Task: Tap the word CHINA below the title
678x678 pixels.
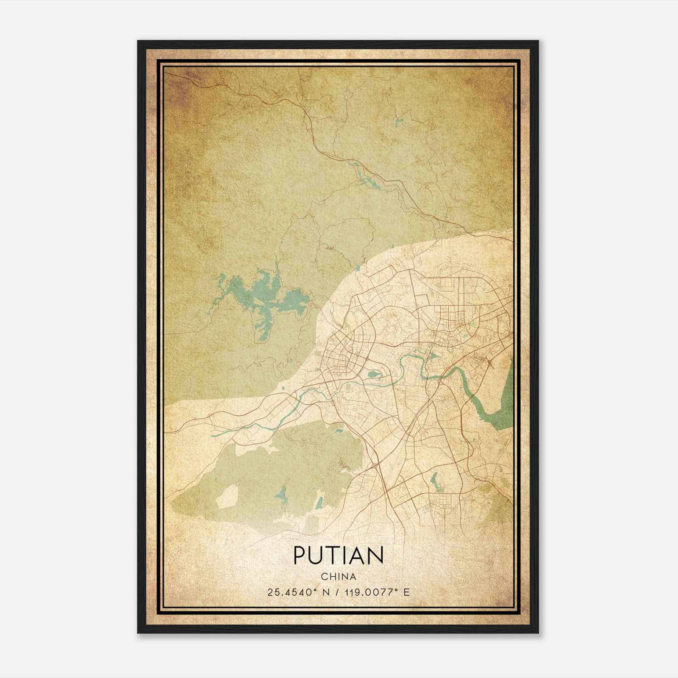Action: (x=338, y=577)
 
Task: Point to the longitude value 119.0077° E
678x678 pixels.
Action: (x=379, y=592)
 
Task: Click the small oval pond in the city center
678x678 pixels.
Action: (x=374, y=374)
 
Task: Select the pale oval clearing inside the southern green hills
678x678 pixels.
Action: (x=228, y=496)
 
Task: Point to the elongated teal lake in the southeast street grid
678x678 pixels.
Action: (x=434, y=481)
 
